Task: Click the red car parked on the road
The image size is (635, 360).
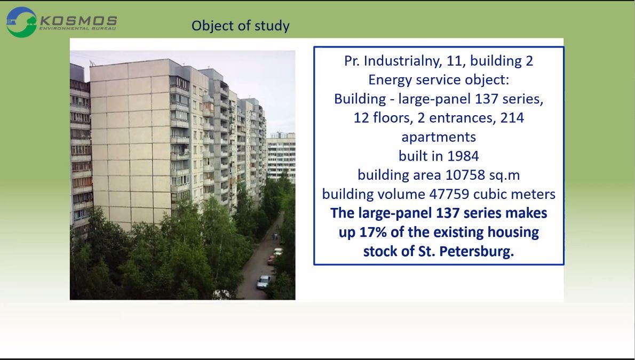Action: (x=271, y=260)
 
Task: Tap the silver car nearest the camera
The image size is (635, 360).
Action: (x=264, y=282)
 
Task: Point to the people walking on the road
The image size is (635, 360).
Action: (x=276, y=236)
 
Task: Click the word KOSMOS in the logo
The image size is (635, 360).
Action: (x=78, y=21)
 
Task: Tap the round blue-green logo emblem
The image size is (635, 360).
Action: (x=21, y=22)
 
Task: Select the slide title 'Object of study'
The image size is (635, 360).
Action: (x=241, y=26)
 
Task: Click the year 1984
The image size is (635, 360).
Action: (x=462, y=156)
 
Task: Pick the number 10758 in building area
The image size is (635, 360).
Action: (x=465, y=175)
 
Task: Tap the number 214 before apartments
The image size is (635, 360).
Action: (x=512, y=118)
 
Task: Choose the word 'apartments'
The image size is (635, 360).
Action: (x=439, y=137)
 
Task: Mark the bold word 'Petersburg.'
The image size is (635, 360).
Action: (x=477, y=251)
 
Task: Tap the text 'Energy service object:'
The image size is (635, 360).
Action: (x=439, y=80)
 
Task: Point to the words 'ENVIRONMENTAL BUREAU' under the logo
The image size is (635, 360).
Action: (x=78, y=29)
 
